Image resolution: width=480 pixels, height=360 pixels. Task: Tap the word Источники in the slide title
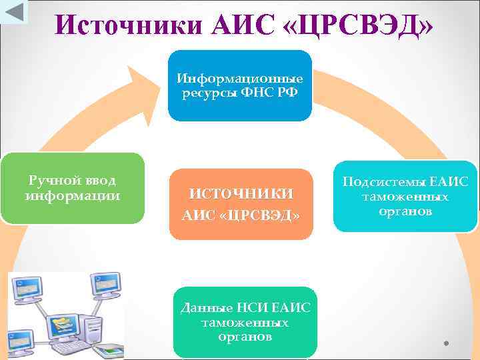129,25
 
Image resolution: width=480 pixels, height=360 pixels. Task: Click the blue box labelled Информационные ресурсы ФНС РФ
239,86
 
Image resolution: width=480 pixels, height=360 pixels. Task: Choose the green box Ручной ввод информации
73,188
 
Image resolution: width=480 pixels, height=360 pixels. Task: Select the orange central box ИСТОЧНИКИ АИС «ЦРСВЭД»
241,204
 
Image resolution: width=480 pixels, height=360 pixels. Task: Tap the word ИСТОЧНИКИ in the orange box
241,194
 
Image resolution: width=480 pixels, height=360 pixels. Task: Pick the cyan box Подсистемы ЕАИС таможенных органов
405,197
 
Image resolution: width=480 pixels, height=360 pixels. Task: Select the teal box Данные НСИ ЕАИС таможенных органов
245,322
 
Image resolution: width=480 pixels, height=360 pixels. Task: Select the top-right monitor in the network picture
105,284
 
